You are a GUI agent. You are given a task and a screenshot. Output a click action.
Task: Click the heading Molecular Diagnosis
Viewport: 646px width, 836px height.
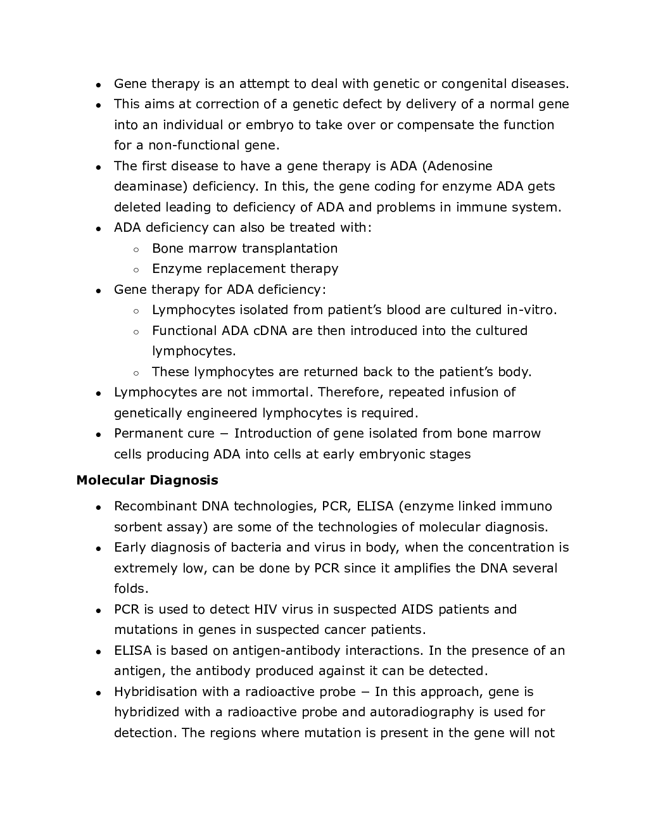(x=147, y=480)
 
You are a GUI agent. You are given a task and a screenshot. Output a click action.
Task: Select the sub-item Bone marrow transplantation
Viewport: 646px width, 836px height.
(x=244, y=248)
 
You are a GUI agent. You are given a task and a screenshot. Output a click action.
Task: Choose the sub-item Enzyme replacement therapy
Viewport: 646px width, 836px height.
(x=244, y=269)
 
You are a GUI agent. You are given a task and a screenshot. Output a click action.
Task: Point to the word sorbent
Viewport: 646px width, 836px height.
(x=136, y=527)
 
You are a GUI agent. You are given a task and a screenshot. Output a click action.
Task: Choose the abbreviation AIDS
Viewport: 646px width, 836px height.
(x=417, y=609)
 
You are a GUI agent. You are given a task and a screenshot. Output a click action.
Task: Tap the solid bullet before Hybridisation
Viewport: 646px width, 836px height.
(x=99, y=693)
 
